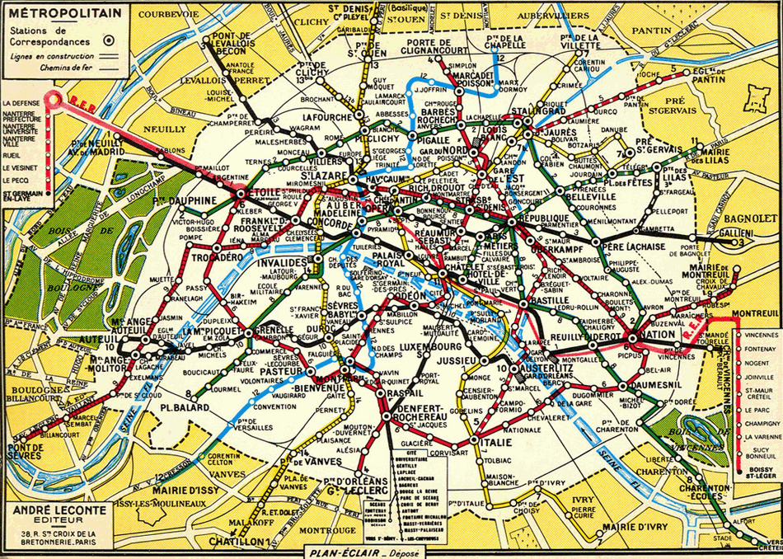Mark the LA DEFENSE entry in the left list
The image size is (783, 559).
pyautogui.click(x=21, y=102)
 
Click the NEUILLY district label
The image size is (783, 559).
pyautogui.click(x=163, y=129)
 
